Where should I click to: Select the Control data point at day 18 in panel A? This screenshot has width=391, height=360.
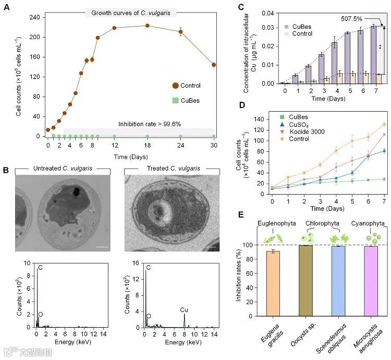click(x=148, y=26)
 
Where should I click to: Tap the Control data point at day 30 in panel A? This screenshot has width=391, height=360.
click(x=214, y=65)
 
